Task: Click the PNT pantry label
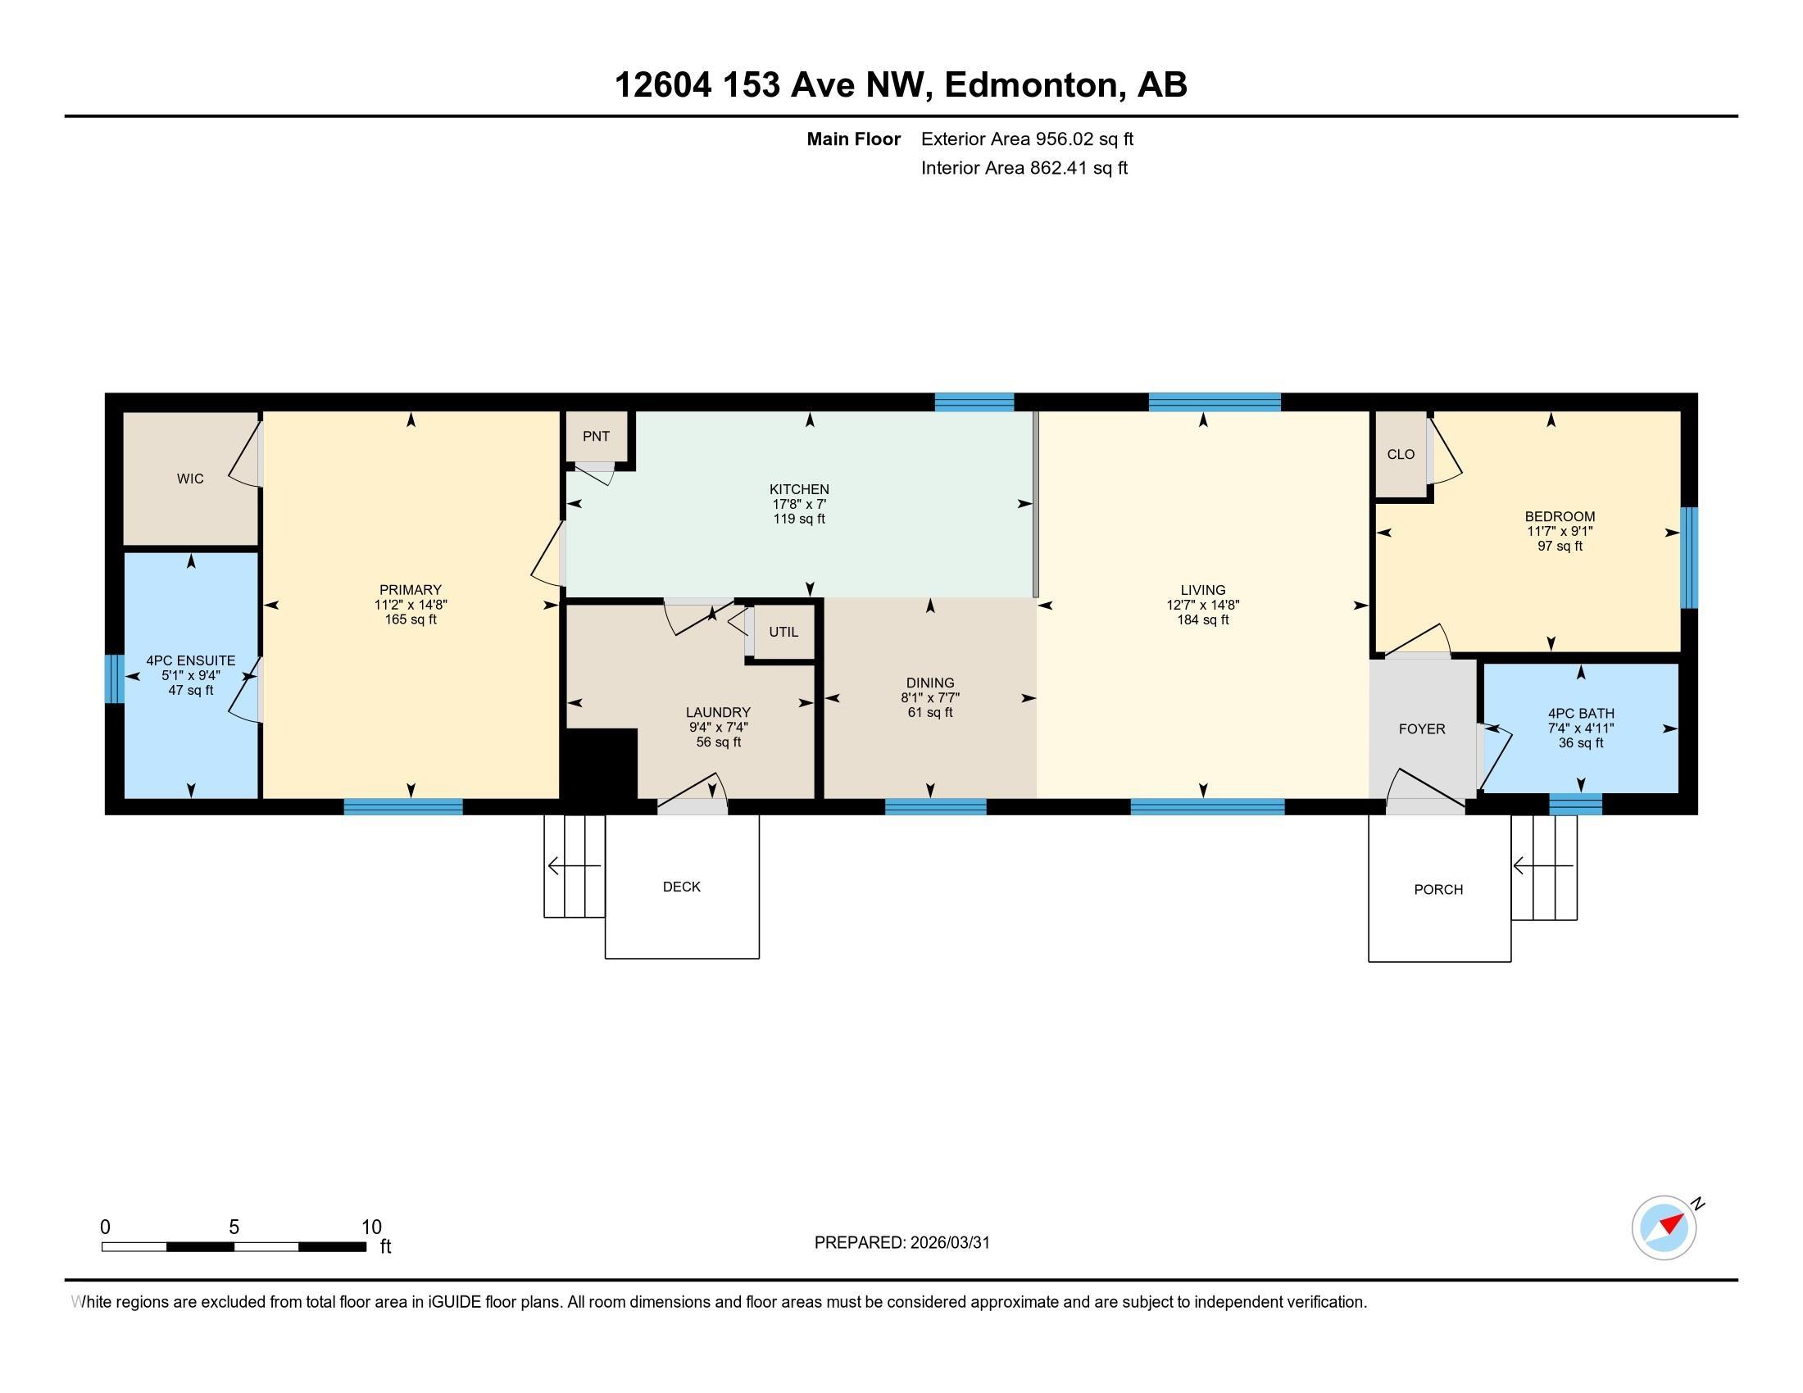pyautogui.click(x=596, y=437)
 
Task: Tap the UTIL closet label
pyautogui.click(x=783, y=632)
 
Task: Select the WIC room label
pyautogui.click(x=190, y=479)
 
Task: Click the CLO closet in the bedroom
pyautogui.click(x=1401, y=454)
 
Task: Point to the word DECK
pyautogui.click(x=682, y=887)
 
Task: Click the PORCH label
pyautogui.click(x=1438, y=890)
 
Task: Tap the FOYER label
pyautogui.click(x=1422, y=729)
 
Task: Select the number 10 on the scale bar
pyautogui.click(x=371, y=1227)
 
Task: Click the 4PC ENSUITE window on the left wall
pyautogui.click(x=114, y=679)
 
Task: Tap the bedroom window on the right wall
pyautogui.click(x=1689, y=558)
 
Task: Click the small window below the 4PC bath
pyautogui.click(x=1575, y=805)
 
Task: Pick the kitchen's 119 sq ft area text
pyautogui.click(x=799, y=519)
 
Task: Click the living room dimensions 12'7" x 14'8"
pyautogui.click(x=1203, y=605)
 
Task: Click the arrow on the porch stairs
pyautogui.click(x=1543, y=865)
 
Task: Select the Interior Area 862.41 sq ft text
pyautogui.click(x=1024, y=168)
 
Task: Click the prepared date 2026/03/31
pyautogui.click(x=949, y=1243)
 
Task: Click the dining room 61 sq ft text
pyautogui.click(x=930, y=712)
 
